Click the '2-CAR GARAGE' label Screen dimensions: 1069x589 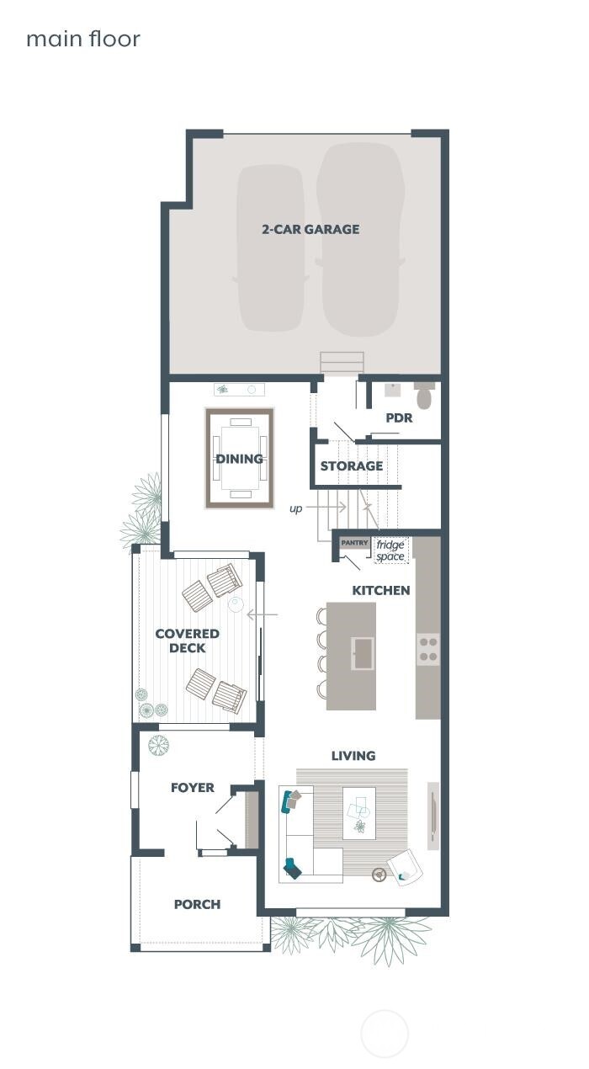pyautogui.click(x=310, y=229)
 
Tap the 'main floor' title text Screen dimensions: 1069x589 pyautogui.click(x=83, y=39)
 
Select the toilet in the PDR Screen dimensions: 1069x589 pyautogui.click(x=424, y=396)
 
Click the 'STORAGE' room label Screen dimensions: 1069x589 pyautogui.click(x=352, y=466)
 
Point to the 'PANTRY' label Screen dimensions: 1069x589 pyautogui.click(x=354, y=543)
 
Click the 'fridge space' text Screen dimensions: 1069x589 pyautogui.click(x=390, y=550)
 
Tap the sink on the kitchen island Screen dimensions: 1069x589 pyautogui.click(x=363, y=653)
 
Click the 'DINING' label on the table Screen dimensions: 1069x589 pyautogui.click(x=240, y=459)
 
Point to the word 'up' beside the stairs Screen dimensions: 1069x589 pyautogui.click(x=295, y=508)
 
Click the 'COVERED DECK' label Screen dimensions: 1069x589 pyautogui.click(x=187, y=641)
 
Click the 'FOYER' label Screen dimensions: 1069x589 pyautogui.click(x=193, y=788)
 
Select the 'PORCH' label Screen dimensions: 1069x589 pyautogui.click(x=197, y=904)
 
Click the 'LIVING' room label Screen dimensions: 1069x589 pyautogui.click(x=353, y=756)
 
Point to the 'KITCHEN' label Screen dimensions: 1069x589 pyautogui.click(x=381, y=590)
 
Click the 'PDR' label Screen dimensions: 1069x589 pyautogui.click(x=399, y=418)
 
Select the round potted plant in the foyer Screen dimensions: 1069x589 pyautogui.click(x=158, y=745)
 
